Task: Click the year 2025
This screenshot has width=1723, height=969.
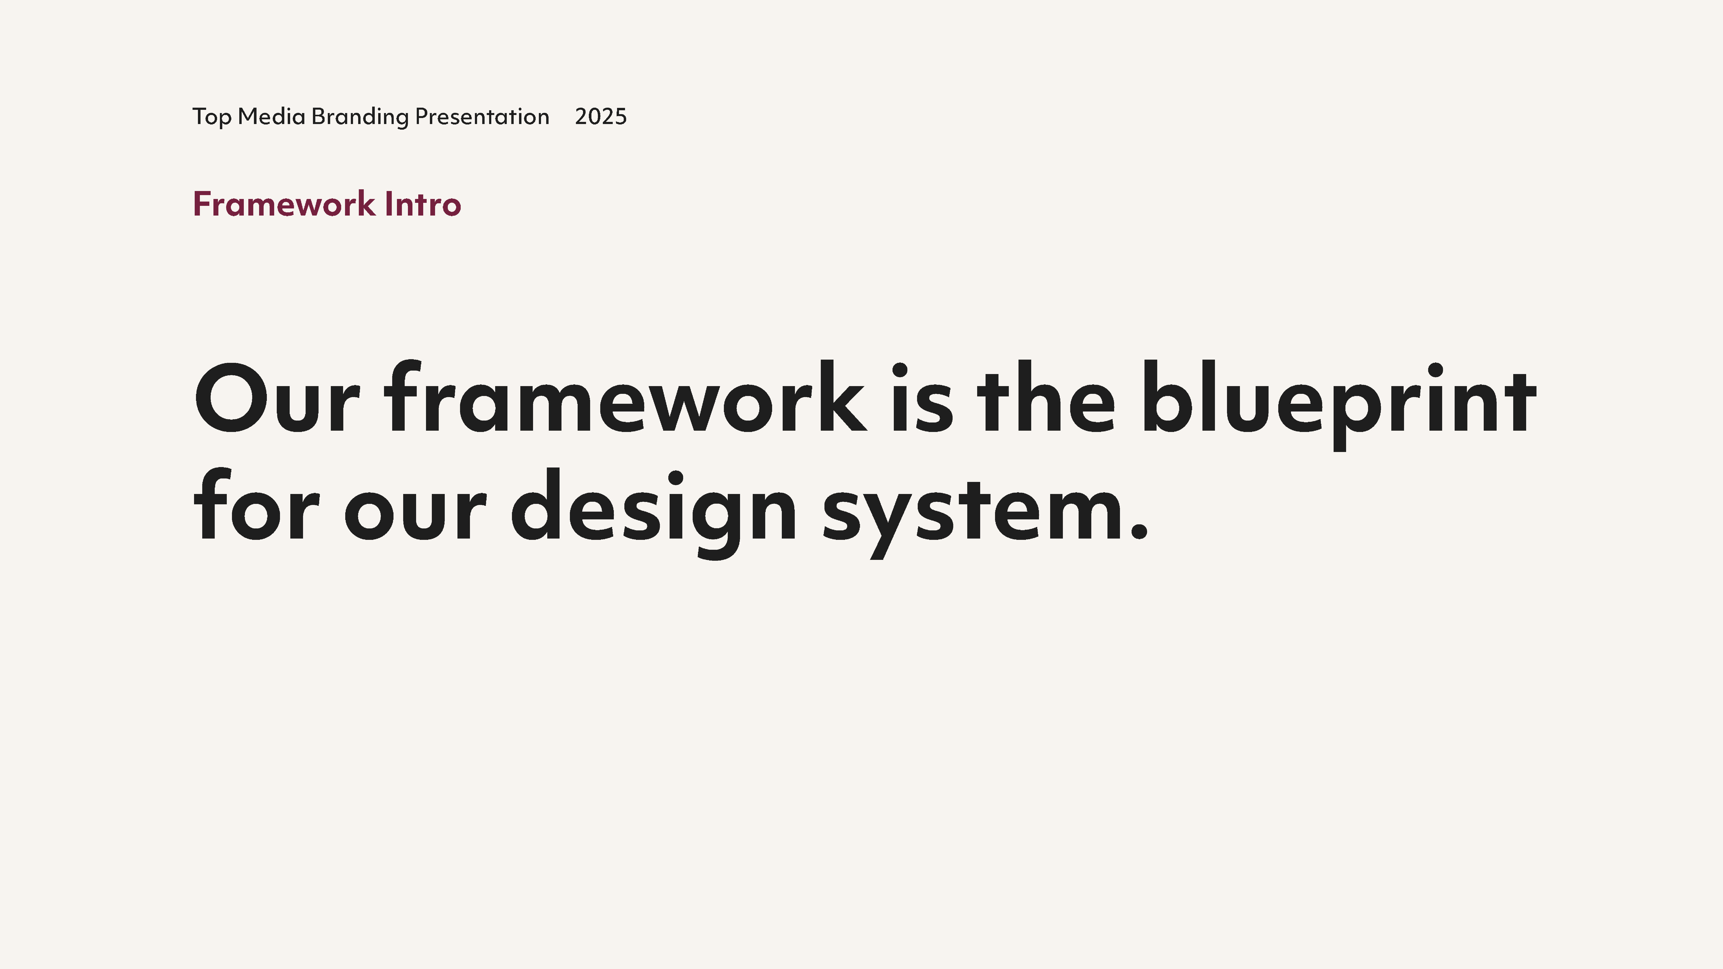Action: tap(601, 117)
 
